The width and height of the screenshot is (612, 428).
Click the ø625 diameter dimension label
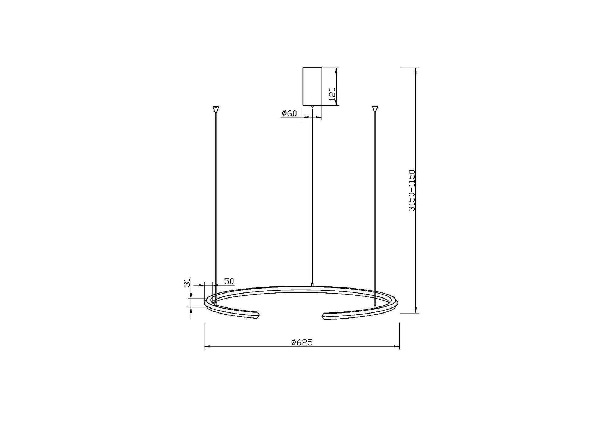tap(302, 342)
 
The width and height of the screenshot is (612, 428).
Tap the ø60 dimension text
tap(289, 113)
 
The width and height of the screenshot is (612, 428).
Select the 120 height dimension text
tap(332, 94)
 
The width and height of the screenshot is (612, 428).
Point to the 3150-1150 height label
tap(412, 190)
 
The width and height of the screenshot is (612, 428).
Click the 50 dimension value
tap(229, 281)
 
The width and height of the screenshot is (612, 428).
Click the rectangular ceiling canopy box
tap(312, 86)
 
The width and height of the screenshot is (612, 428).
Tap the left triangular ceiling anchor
tap(216, 109)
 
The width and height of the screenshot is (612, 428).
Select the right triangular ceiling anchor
tap(375, 109)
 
